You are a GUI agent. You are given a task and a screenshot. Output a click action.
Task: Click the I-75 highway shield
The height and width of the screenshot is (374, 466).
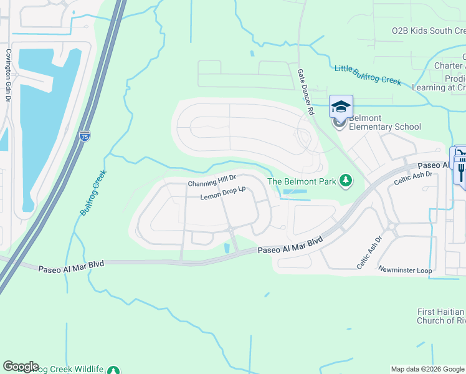coord(85,136)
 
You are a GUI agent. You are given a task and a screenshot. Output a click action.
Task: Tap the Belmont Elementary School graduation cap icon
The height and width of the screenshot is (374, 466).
coord(341,107)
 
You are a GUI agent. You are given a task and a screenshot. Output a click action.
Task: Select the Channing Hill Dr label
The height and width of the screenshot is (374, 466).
coord(212,183)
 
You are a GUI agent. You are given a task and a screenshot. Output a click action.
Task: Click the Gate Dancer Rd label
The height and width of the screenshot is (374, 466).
coord(304,92)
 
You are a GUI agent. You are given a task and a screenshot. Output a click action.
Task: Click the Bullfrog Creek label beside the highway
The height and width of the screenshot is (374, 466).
coord(93,193)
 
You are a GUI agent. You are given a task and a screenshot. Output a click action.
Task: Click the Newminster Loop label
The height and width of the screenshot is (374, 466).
coord(405,270)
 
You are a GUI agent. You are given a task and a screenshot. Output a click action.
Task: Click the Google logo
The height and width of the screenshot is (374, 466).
coord(20,367)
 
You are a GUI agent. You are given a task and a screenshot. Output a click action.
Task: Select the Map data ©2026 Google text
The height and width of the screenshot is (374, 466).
coord(427,369)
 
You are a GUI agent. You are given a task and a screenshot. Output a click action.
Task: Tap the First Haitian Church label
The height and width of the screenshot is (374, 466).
coord(440,316)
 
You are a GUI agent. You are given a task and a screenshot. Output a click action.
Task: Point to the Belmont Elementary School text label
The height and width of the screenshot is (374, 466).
coord(384,122)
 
